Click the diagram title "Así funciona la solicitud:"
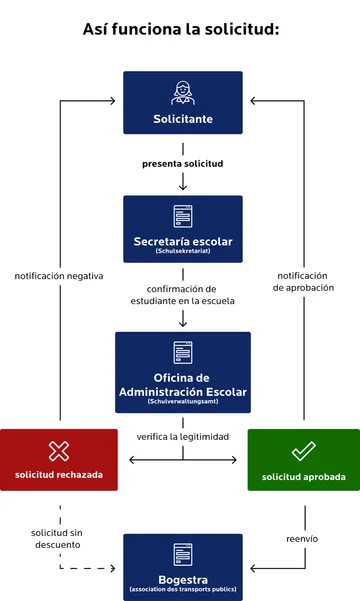pyautogui.click(x=180, y=30)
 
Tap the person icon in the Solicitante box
pyautogui.click(x=182, y=93)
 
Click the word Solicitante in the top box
pyautogui.click(x=182, y=119)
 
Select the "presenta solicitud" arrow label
pyautogui.click(x=182, y=162)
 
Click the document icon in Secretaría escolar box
pyautogui.click(x=182, y=215)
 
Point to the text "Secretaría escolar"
pyautogui.click(x=182, y=241)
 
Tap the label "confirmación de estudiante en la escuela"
pyautogui.click(x=182, y=294)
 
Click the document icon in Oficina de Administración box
pyautogui.click(x=182, y=352)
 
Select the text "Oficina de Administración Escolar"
pyautogui.click(x=182, y=383)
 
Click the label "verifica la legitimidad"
pyautogui.click(x=182, y=437)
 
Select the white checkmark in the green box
pyautogui.click(x=303, y=451)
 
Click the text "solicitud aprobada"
pyautogui.click(x=303, y=477)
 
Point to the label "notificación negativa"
pyautogui.click(x=59, y=275)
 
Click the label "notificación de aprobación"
pyautogui.click(x=304, y=281)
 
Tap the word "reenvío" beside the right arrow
pyautogui.click(x=302, y=538)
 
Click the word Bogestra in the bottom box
pyautogui.click(x=182, y=579)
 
